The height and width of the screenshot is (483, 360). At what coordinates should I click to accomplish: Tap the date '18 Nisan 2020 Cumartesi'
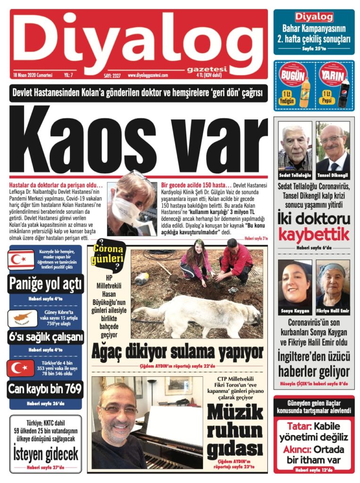(x=33, y=75)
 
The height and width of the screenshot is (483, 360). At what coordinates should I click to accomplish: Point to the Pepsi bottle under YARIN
(x=343, y=92)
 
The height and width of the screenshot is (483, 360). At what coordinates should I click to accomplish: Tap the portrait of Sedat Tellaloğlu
(x=295, y=147)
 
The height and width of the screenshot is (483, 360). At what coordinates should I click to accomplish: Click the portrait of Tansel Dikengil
(x=333, y=147)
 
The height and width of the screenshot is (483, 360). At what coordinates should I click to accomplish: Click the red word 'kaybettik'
(x=314, y=234)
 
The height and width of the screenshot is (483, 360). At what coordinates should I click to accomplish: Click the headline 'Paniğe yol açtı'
(x=45, y=284)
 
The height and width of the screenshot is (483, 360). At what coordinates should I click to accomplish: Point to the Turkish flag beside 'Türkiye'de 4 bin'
(x=20, y=368)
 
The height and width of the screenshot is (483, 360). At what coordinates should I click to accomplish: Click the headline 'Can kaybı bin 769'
(x=45, y=390)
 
